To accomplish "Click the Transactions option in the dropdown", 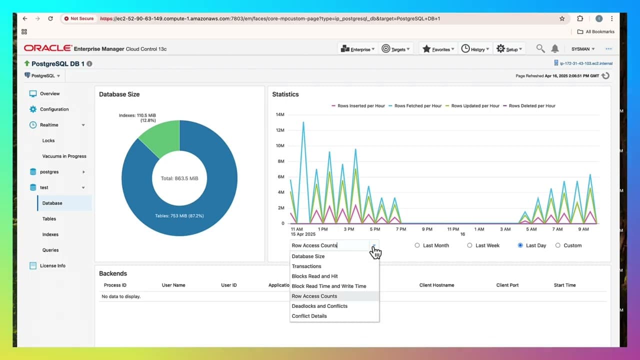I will point(306,266).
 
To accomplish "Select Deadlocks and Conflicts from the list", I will point(319,306).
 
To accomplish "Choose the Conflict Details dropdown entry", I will point(309,316).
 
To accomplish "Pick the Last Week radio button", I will point(469,245).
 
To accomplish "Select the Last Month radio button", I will point(417,245).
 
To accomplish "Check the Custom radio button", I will point(558,245).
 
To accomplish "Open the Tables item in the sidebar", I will point(49,218).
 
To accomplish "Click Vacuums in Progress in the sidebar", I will point(64,156).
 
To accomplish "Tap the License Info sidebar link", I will point(52,265).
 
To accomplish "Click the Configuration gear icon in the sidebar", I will point(33,109).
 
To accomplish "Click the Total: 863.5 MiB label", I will point(179,178).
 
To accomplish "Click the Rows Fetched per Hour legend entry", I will point(418,106).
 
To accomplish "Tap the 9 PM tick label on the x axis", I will point(427,229).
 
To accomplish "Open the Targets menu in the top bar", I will point(395,49).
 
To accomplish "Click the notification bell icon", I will point(554,48).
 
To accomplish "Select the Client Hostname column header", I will point(436,285).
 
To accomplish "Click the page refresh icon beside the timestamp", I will point(605,75).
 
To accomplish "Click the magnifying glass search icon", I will point(540,48).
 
